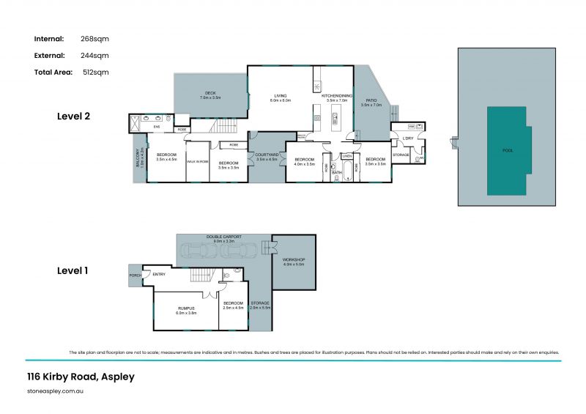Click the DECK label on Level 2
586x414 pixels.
tap(210, 95)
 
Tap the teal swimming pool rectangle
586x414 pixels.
tap(507, 149)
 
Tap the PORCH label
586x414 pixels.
tap(135, 276)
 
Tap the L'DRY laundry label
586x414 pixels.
tap(408, 138)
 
